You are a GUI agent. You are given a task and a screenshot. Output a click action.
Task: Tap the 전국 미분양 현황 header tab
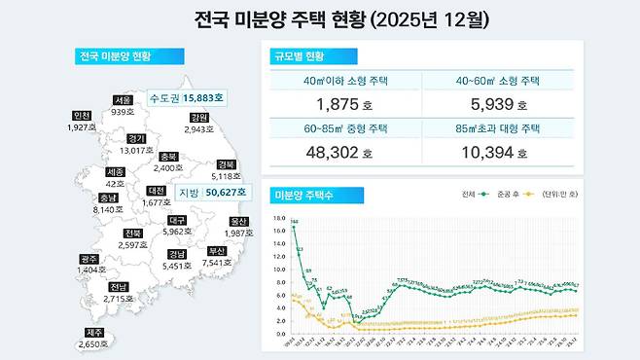[x=120, y=55]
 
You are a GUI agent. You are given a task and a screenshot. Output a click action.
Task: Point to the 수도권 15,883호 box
[x=185, y=97]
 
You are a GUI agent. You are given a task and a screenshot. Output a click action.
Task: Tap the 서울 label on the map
[x=123, y=100]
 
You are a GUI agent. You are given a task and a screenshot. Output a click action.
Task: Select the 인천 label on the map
[x=81, y=116]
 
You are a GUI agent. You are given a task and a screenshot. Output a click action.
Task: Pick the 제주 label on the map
[x=94, y=333]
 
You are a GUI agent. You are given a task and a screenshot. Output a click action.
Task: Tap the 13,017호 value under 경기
[x=136, y=150]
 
